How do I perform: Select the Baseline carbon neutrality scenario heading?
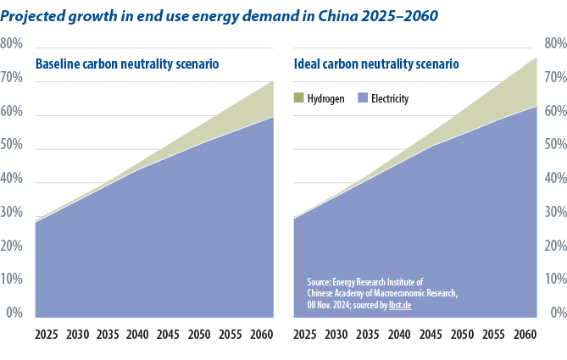(127, 64)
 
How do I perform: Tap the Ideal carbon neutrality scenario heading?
(376, 64)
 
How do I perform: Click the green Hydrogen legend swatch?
(298, 98)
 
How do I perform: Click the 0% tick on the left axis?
(14, 313)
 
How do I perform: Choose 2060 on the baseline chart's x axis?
(260, 335)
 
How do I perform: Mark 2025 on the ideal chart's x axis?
(305, 335)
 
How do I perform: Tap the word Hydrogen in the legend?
(326, 99)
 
